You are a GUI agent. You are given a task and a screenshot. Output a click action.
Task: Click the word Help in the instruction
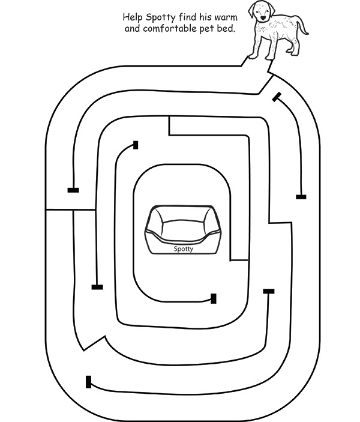133,17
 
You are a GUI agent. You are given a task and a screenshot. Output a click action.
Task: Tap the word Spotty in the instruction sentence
161,17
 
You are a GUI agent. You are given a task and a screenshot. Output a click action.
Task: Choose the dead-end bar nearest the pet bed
214,298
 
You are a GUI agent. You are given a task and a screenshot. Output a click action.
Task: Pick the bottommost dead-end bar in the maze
89,382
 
